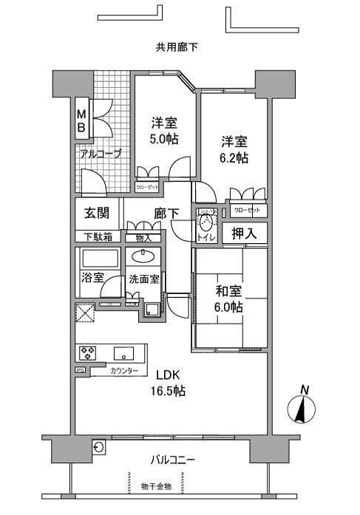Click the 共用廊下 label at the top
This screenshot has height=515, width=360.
pyautogui.click(x=176, y=47)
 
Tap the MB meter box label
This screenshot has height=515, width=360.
pyautogui.click(x=82, y=120)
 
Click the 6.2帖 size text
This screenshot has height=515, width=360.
pyautogui.click(x=233, y=158)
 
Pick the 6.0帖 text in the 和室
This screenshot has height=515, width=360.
pyautogui.click(x=228, y=307)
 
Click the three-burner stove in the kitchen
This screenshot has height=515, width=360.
pyautogui.click(x=88, y=351)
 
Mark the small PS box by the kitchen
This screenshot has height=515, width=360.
pyautogui.click(x=79, y=370)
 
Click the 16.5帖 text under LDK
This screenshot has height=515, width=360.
pyautogui.click(x=169, y=391)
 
